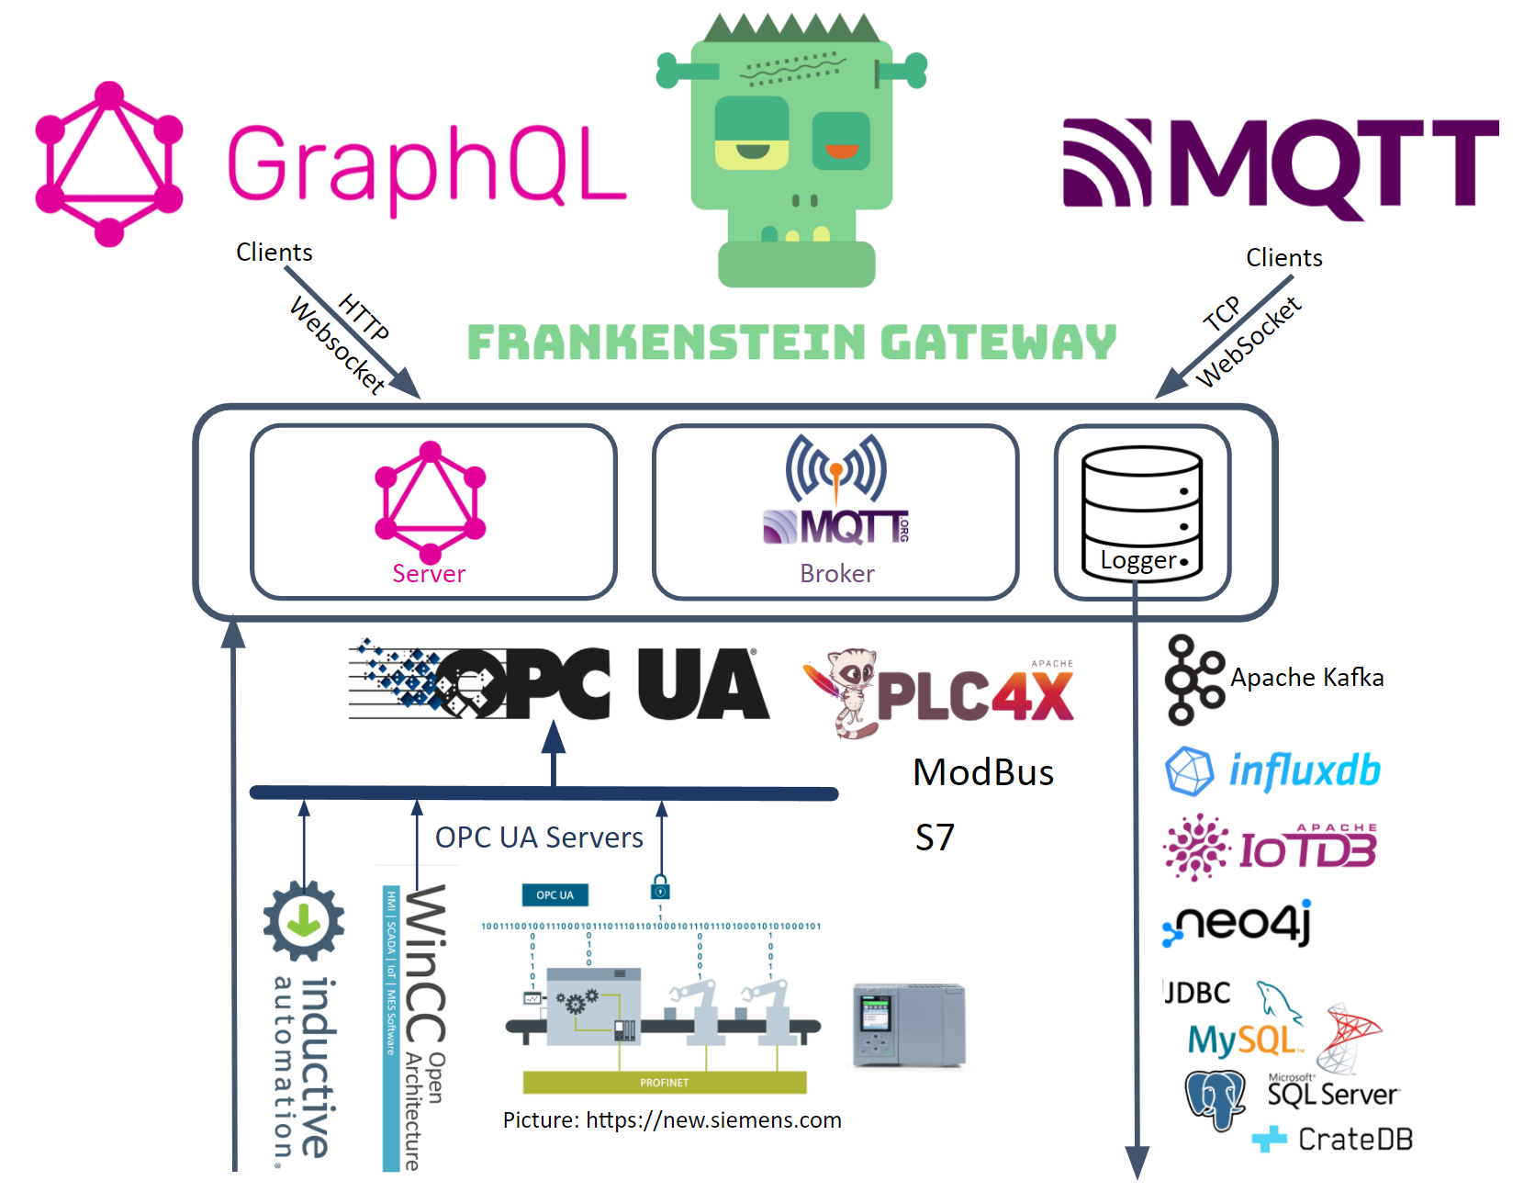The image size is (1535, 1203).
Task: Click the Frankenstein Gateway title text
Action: [791, 343]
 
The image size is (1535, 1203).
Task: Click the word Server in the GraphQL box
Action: [429, 574]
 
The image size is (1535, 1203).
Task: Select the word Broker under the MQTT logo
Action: [836, 574]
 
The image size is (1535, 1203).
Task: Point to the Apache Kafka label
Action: [1306, 678]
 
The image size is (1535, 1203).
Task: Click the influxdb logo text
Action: [1304, 770]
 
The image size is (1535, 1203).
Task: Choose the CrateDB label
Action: [1354, 1140]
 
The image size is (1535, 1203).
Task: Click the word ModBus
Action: [983, 772]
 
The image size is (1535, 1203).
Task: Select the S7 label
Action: [935, 838]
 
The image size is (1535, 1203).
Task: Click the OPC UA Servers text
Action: [539, 838]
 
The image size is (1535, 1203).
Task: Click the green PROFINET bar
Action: [664, 1083]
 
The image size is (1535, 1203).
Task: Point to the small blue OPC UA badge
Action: [555, 895]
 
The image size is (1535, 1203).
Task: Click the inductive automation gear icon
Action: [304, 921]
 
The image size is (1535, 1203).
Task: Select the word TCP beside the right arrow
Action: [1222, 314]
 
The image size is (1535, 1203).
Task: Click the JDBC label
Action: [1198, 993]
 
